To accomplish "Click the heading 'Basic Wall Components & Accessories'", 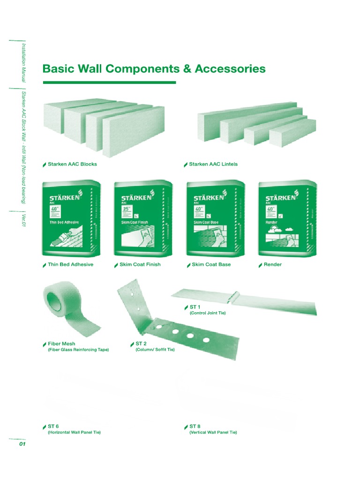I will click(x=154, y=69).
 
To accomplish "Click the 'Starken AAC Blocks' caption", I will click(x=72, y=164).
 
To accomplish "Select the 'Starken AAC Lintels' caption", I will click(x=213, y=164).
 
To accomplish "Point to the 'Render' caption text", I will click(x=273, y=264).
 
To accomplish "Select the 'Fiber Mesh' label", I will click(x=61, y=344).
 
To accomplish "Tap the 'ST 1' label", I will click(x=195, y=307).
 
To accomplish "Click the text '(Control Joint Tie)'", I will click(x=208, y=313).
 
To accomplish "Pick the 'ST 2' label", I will click(x=142, y=344).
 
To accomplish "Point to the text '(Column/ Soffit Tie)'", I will click(x=155, y=350).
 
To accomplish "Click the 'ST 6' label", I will click(x=53, y=426).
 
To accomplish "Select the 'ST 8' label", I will click(x=195, y=426).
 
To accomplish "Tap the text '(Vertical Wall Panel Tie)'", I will click(x=213, y=432).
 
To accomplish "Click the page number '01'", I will click(x=22, y=445).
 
